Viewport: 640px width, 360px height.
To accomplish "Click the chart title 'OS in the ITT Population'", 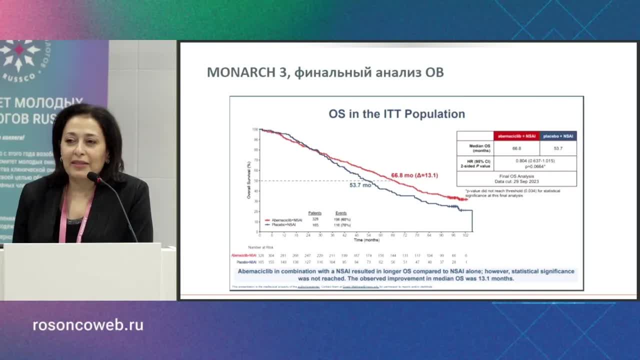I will point(396,114).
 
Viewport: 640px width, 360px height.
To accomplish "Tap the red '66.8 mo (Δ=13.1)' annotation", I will point(414,175).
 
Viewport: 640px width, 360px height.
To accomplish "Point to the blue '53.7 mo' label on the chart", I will point(360,185).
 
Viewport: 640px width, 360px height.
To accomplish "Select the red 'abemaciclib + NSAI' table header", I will point(516,135).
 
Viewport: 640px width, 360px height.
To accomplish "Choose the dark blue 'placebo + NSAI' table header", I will point(558,135).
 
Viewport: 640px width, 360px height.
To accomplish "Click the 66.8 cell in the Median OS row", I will point(516,148).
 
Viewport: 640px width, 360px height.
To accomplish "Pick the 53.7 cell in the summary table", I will point(558,148).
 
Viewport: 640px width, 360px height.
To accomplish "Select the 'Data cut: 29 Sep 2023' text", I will point(516,181).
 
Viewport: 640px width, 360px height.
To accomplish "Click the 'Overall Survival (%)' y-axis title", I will point(248,180).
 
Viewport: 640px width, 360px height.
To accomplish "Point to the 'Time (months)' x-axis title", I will point(366,240).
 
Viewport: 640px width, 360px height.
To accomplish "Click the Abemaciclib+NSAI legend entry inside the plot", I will point(283,220).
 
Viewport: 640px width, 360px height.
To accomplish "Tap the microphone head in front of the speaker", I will point(93,176).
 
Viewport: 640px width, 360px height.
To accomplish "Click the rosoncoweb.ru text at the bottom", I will point(88,325).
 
